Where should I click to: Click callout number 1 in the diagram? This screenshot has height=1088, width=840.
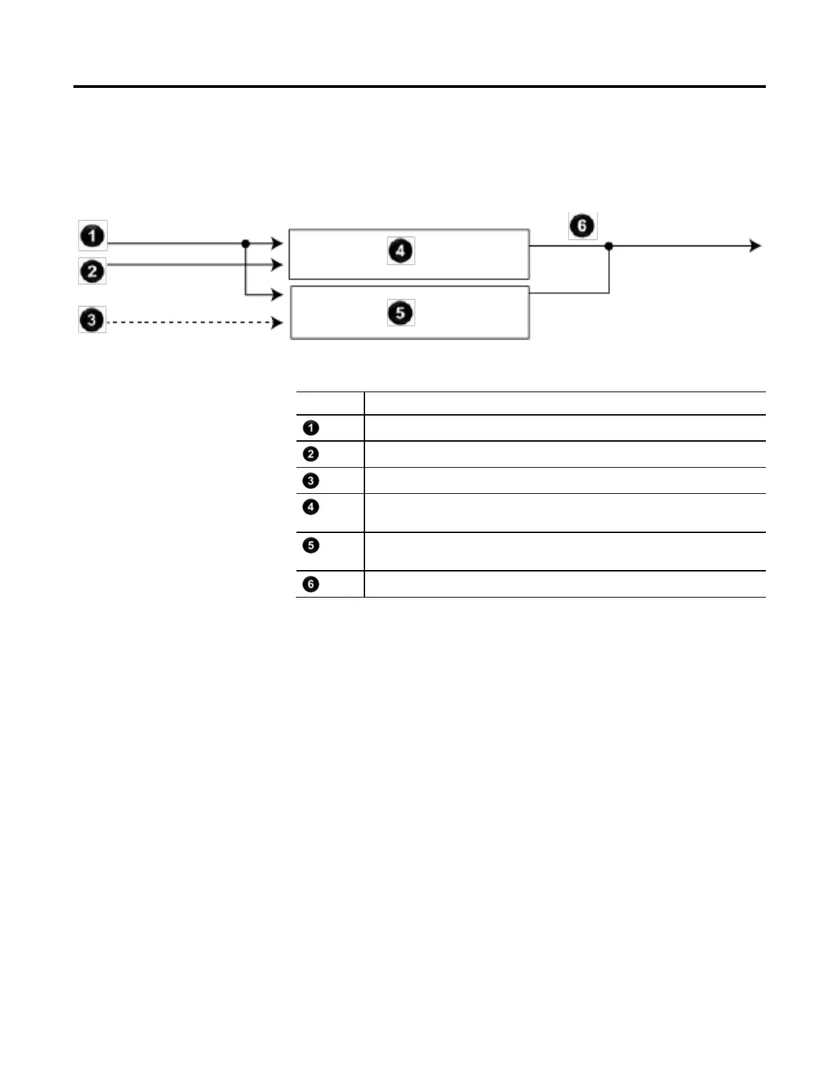pos(93,236)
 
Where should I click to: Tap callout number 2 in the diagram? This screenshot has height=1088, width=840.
pos(93,271)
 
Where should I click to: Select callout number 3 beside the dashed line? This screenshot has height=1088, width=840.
pos(92,319)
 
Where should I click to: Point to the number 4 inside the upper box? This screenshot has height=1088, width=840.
pos(401,250)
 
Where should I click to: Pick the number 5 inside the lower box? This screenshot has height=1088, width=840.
pos(401,313)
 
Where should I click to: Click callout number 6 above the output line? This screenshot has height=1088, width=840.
pos(582,225)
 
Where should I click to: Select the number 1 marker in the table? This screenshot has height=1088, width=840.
pos(311,428)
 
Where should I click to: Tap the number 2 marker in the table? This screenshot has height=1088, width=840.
pos(311,454)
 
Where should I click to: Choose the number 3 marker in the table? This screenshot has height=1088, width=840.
pos(311,481)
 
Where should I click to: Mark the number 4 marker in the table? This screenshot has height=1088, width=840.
pos(311,507)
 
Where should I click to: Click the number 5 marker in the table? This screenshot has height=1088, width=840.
pos(311,545)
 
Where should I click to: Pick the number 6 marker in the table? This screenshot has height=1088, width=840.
pos(311,584)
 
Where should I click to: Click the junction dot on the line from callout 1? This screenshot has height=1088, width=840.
pos(246,244)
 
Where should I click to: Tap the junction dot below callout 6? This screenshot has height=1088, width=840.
pos(609,246)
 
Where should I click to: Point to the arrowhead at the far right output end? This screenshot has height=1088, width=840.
pos(756,246)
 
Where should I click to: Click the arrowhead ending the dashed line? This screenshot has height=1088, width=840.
pos(277,322)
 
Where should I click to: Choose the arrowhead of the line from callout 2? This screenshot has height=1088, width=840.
pos(277,264)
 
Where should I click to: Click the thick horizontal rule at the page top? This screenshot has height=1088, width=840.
pos(419,87)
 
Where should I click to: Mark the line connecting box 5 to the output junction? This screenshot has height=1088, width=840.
pos(570,293)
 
